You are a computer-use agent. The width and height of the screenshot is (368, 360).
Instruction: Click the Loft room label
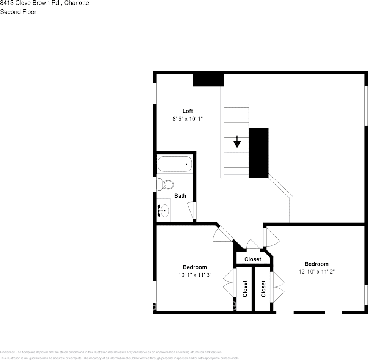click(188, 111)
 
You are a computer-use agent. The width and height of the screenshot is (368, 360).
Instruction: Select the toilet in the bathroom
click(164, 185)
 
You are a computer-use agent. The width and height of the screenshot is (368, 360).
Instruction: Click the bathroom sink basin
click(164, 210)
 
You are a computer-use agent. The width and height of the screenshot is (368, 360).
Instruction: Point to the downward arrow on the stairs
click(237, 142)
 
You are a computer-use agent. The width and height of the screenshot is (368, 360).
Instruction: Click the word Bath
click(180, 196)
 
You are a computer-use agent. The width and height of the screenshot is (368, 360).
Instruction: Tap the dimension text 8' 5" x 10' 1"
click(188, 119)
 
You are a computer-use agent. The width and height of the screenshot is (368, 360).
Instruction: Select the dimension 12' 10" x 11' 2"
click(316, 272)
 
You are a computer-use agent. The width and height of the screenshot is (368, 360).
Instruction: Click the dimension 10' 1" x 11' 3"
click(195, 275)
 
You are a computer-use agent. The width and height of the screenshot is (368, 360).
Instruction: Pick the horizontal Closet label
click(253, 259)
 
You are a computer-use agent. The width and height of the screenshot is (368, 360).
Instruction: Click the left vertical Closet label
click(245, 289)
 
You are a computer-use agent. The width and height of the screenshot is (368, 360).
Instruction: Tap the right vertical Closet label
click(263, 289)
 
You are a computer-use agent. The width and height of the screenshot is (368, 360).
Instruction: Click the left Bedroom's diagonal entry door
click(224, 234)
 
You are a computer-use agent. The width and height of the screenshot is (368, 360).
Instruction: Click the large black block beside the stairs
click(258, 153)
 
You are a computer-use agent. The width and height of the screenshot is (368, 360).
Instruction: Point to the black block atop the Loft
click(208, 80)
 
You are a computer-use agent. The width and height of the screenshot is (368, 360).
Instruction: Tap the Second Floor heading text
click(18, 12)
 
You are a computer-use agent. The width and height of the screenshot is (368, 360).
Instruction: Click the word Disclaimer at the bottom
click(8, 352)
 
